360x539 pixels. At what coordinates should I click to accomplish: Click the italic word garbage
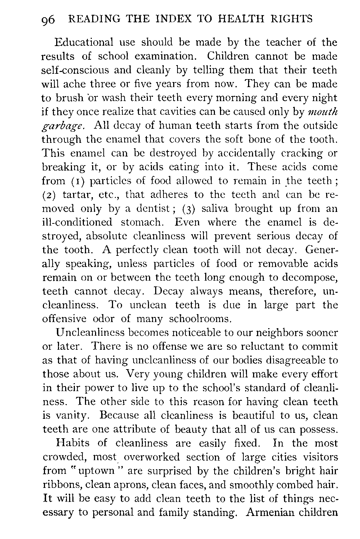coord(64,126)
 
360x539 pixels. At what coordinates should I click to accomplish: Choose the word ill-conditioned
coord(77,222)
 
